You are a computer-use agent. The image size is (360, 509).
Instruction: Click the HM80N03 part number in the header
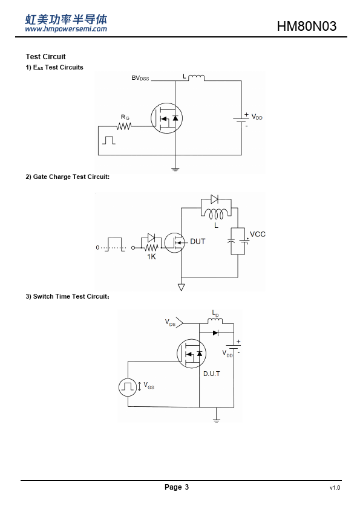[306, 26]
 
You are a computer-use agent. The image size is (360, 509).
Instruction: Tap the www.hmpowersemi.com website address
[66, 29]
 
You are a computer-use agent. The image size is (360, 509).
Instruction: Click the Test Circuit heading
[45, 57]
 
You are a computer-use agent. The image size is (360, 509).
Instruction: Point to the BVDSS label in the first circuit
[140, 78]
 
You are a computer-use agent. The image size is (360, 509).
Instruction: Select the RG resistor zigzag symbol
[124, 126]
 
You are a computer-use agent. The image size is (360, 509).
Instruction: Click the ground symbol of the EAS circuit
[175, 169]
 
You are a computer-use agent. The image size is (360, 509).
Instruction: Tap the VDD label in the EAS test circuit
[257, 117]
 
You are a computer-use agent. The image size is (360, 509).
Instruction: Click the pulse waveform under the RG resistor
[108, 140]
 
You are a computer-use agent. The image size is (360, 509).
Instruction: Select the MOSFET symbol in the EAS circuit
[166, 118]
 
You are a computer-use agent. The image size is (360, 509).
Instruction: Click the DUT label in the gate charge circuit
[197, 242]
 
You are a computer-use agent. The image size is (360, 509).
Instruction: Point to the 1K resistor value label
[151, 256]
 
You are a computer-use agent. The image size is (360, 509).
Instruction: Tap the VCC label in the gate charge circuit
[257, 234]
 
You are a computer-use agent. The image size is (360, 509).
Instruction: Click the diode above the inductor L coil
[214, 199]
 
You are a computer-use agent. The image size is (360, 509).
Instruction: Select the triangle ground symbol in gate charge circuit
[182, 287]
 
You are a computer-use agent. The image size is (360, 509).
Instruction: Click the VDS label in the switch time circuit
[170, 322]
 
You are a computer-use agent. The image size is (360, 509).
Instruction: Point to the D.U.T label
[212, 374]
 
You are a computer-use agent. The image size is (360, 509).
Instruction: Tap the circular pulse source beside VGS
[128, 387]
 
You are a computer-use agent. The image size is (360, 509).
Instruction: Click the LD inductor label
[215, 313]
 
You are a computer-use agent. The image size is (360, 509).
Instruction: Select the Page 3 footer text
[177, 487]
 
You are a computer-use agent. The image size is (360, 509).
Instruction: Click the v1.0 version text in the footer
[335, 488]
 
